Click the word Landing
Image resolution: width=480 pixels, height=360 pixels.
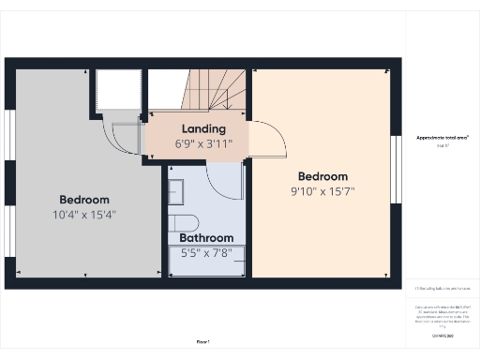(x=203, y=128)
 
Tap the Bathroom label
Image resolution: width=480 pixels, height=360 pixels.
(x=207, y=238)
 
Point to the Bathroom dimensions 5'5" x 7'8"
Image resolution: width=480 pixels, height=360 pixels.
(x=207, y=252)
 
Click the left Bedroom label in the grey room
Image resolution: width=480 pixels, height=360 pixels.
(x=84, y=200)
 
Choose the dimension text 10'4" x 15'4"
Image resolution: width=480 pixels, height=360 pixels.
(x=84, y=215)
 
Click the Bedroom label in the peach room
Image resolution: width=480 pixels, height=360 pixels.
(x=322, y=176)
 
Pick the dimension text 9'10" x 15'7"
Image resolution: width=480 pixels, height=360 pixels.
(x=322, y=191)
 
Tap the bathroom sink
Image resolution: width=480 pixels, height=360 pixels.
(x=175, y=192)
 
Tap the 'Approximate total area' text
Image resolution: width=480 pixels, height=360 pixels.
(x=442, y=138)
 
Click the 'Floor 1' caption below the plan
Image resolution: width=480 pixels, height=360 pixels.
(x=202, y=341)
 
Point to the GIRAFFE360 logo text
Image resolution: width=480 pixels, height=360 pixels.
(x=442, y=336)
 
